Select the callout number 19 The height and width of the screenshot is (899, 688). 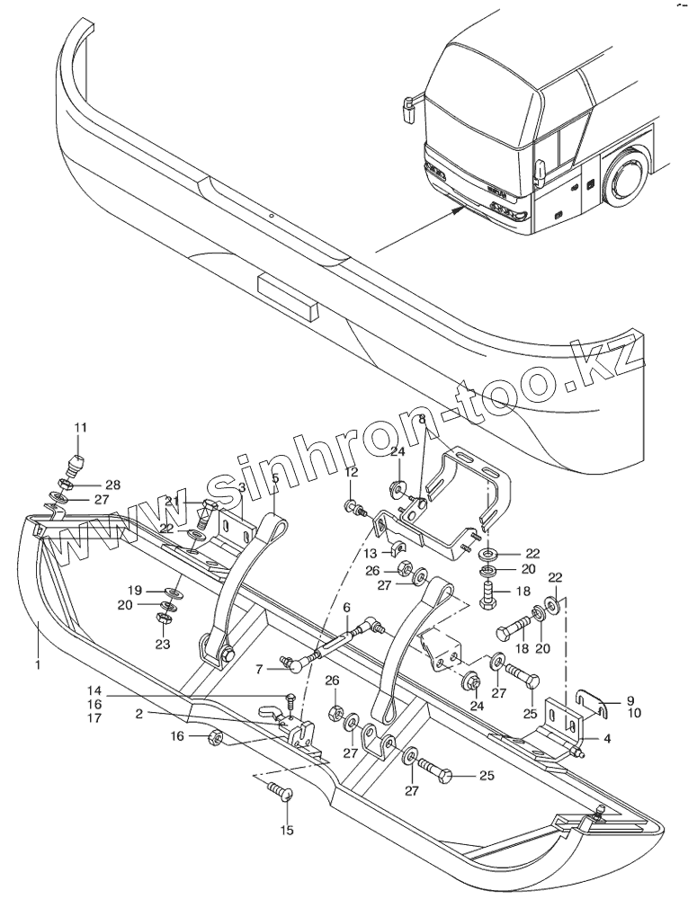135,591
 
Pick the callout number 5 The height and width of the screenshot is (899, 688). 276,479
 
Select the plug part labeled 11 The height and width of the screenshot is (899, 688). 78,464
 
